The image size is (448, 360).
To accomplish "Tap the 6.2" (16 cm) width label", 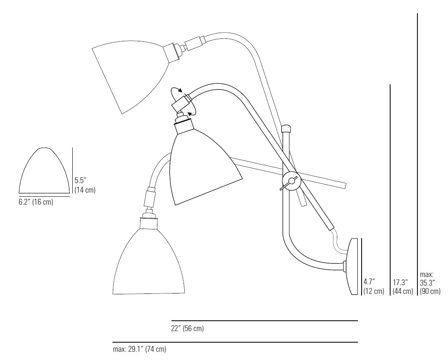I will pos(36,202).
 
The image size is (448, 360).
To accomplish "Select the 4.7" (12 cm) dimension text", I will pos(374,286).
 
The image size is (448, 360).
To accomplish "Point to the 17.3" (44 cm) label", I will pos(403,286).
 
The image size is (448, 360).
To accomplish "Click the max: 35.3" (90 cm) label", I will pos(430,283).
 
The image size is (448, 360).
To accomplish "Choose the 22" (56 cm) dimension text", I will pos(188,329).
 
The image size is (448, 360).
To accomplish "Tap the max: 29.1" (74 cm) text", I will pos(139,349).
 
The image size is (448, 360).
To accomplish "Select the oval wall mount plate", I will pos(353,266).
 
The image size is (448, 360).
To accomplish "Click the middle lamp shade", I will pos(203,165).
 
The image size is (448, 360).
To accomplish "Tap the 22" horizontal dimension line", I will pos(265,320).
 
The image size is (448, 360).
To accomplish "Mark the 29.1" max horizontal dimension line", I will pos(235,342).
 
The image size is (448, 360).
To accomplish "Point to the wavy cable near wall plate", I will pos(336,242).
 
